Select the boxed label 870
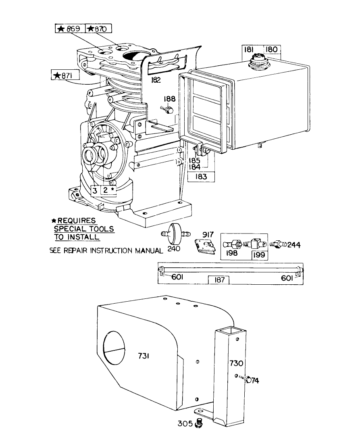(x=98, y=29)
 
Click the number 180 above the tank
(x=271, y=50)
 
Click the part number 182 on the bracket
(x=156, y=80)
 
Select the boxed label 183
(x=202, y=176)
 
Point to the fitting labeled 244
(x=279, y=244)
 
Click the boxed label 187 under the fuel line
(x=218, y=280)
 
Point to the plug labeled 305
(x=198, y=423)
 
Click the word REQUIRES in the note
(x=76, y=221)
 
